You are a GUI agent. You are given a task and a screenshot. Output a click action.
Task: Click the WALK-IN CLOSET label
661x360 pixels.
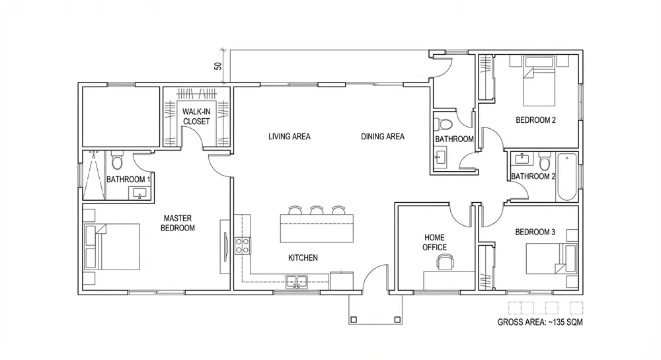click(x=196, y=117)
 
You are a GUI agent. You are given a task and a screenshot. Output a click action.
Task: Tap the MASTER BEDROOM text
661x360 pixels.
click(x=177, y=223)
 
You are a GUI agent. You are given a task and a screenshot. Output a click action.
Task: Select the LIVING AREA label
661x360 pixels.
click(x=290, y=137)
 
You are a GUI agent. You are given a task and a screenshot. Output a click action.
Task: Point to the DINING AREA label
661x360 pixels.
click(x=383, y=137)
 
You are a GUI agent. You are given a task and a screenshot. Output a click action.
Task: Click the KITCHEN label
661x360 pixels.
click(x=303, y=258)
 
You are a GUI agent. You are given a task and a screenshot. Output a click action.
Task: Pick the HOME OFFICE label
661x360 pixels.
click(x=435, y=242)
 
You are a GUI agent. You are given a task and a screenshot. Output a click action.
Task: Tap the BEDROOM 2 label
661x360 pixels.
click(x=536, y=120)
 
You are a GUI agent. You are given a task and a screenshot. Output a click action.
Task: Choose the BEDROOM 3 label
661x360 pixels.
click(x=535, y=232)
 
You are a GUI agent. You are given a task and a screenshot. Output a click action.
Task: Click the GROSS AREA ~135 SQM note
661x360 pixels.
click(x=540, y=322)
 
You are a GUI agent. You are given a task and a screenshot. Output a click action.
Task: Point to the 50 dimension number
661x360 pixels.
click(x=218, y=66)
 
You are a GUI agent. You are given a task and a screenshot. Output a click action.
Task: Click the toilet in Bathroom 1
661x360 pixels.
click(x=117, y=160)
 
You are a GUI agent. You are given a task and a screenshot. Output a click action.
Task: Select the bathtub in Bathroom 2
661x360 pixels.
click(x=567, y=177)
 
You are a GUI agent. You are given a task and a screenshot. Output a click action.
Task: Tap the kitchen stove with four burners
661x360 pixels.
click(x=243, y=246)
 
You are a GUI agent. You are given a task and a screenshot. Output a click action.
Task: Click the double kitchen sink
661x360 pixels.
click(x=297, y=281)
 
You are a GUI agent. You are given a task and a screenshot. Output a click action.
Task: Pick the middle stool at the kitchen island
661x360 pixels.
click(x=317, y=209)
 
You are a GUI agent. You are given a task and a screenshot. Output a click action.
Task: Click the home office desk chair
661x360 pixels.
click(x=446, y=262)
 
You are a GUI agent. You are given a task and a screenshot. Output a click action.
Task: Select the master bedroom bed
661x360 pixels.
click(x=112, y=247)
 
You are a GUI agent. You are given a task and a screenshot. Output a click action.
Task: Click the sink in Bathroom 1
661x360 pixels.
click(x=139, y=194)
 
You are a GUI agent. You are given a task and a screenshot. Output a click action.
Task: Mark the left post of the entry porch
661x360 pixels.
click(x=354, y=320)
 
